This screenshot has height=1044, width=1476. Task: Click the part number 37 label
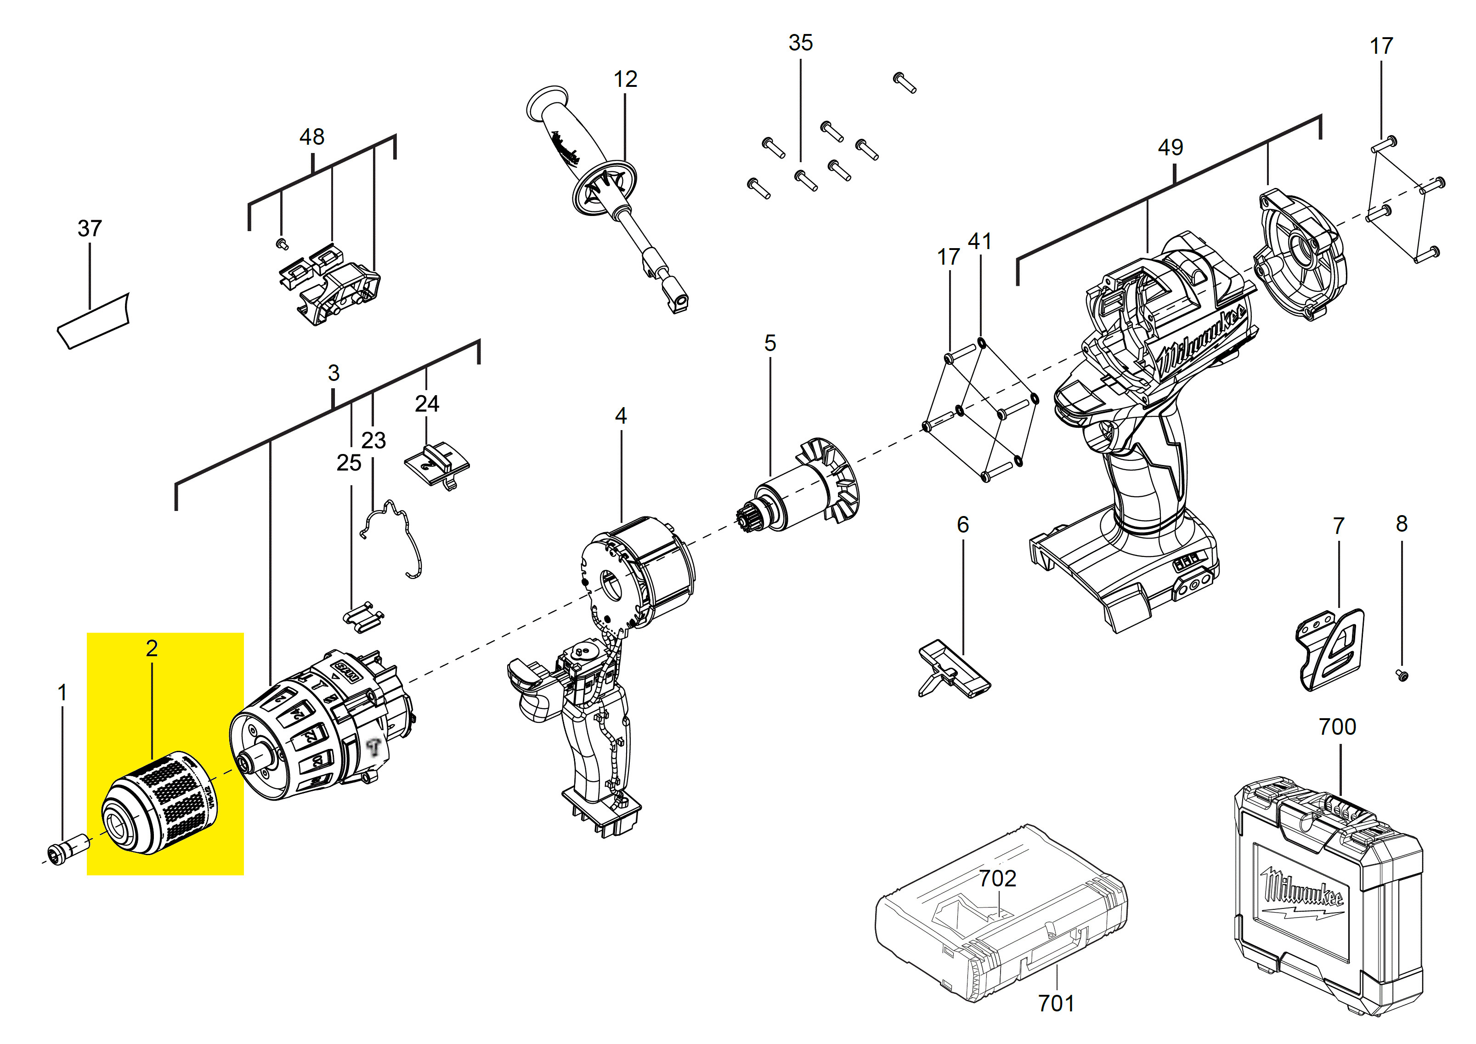click(x=90, y=228)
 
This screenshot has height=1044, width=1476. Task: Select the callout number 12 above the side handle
click(x=625, y=79)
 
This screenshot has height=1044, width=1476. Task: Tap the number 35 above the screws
click(x=800, y=42)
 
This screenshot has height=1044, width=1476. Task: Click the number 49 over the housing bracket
click(x=1170, y=147)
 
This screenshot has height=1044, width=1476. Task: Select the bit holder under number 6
click(x=955, y=669)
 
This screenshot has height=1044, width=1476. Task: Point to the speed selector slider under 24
click(x=437, y=461)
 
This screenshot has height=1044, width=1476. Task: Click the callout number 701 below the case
click(x=1056, y=1003)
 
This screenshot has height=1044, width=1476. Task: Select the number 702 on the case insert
click(x=997, y=878)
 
